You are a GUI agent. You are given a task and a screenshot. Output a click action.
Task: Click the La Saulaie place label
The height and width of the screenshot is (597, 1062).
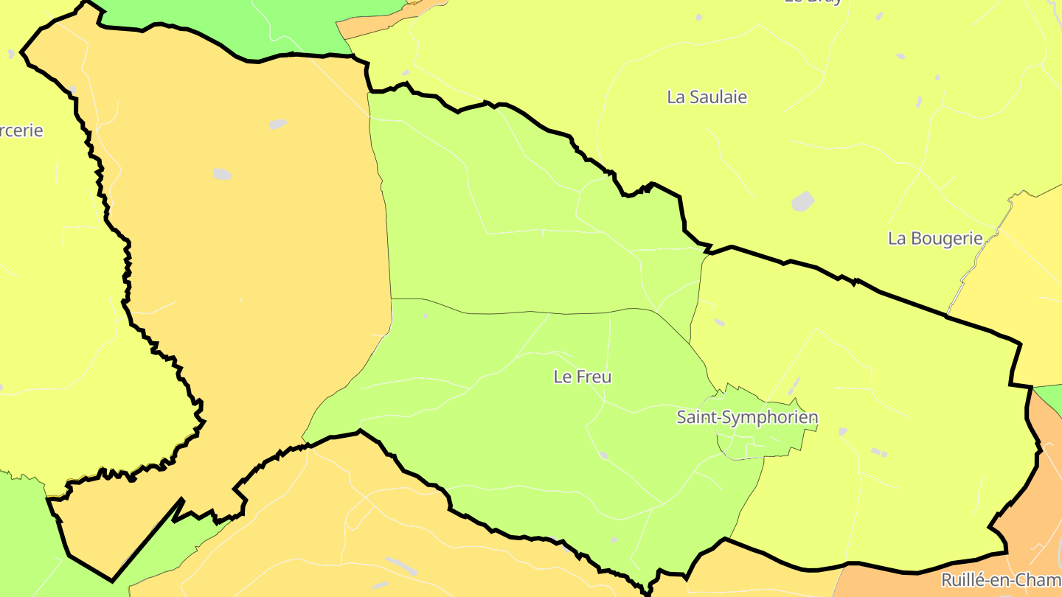click(x=707, y=97)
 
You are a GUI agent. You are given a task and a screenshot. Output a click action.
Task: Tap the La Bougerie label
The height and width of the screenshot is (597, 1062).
click(x=934, y=239)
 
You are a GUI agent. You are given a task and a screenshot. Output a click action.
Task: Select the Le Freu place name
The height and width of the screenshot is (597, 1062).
click(x=582, y=377)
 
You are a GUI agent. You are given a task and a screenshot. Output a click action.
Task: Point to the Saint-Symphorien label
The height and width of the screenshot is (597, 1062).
click(x=746, y=417)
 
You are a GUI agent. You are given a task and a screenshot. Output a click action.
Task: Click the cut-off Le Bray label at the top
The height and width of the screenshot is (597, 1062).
click(x=813, y=2)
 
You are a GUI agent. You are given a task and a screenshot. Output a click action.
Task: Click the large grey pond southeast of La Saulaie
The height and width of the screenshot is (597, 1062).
click(x=802, y=201)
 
